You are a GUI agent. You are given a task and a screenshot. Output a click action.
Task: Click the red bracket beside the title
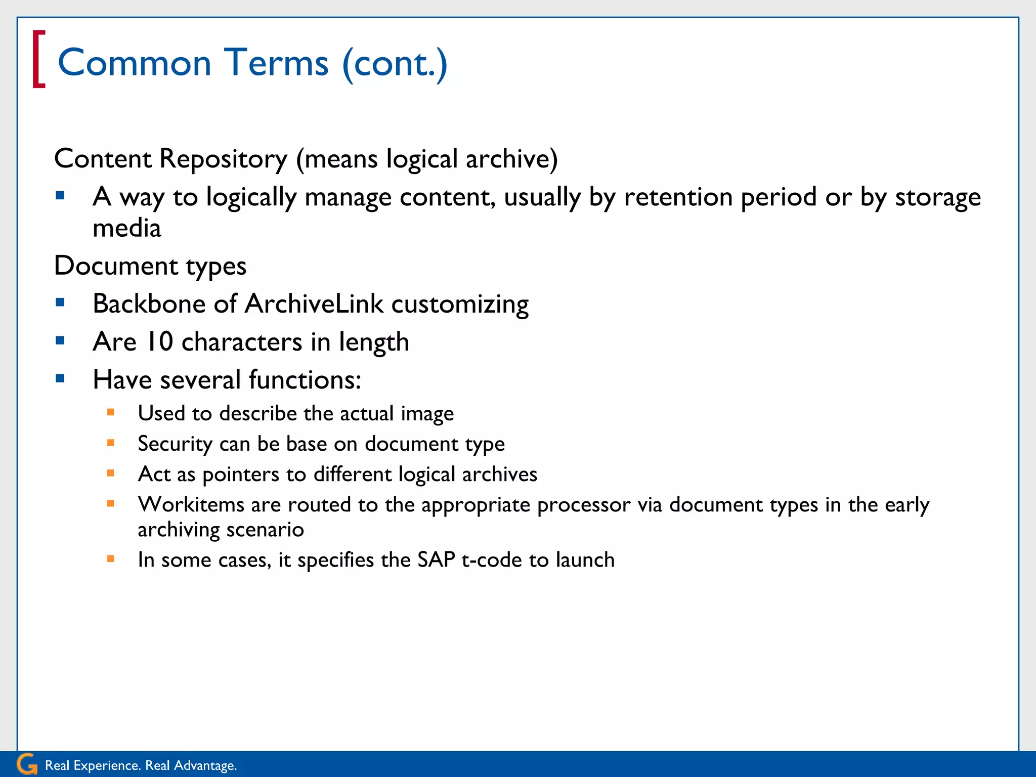38,59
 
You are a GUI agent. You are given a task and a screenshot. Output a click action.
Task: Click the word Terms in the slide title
276,63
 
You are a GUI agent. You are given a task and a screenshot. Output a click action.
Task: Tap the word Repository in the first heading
223,159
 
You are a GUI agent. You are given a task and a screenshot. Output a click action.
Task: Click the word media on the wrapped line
126,228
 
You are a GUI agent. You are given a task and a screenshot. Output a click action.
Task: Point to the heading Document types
150,266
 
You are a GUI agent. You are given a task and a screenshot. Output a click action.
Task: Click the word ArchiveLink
314,304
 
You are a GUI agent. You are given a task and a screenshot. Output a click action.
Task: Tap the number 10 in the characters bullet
159,341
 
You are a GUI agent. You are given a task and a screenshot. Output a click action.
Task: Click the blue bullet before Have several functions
60,378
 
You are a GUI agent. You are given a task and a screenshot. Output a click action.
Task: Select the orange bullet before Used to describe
111,412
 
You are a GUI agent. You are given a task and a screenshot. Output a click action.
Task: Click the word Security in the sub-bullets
175,444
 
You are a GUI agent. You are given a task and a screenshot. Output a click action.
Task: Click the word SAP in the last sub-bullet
436,560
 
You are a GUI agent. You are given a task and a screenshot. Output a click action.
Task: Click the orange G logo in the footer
26,764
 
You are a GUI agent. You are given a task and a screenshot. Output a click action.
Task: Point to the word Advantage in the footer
204,765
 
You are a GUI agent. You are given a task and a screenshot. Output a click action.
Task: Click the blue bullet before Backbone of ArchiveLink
60,303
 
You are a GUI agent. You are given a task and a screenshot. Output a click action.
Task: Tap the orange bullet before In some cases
111,559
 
